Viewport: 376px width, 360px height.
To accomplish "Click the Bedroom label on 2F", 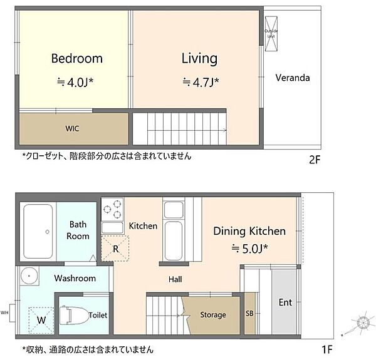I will (x=76, y=59).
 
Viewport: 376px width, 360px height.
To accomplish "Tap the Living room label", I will (x=199, y=59).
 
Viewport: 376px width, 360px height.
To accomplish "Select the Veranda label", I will (x=293, y=78).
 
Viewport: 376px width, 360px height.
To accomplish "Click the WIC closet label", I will (x=73, y=128).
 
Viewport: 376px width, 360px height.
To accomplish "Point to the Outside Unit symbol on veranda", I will (x=271, y=36).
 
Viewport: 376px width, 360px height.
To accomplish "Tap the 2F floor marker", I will (x=314, y=160).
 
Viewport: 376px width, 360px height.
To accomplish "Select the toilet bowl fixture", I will (x=75, y=315).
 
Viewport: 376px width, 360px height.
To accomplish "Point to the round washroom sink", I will (x=29, y=276).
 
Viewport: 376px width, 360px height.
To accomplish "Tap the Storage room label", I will (x=212, y=315).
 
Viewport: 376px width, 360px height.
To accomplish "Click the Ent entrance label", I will (x=285, y=302).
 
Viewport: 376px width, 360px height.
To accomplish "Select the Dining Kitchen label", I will (x=249, y=231).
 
